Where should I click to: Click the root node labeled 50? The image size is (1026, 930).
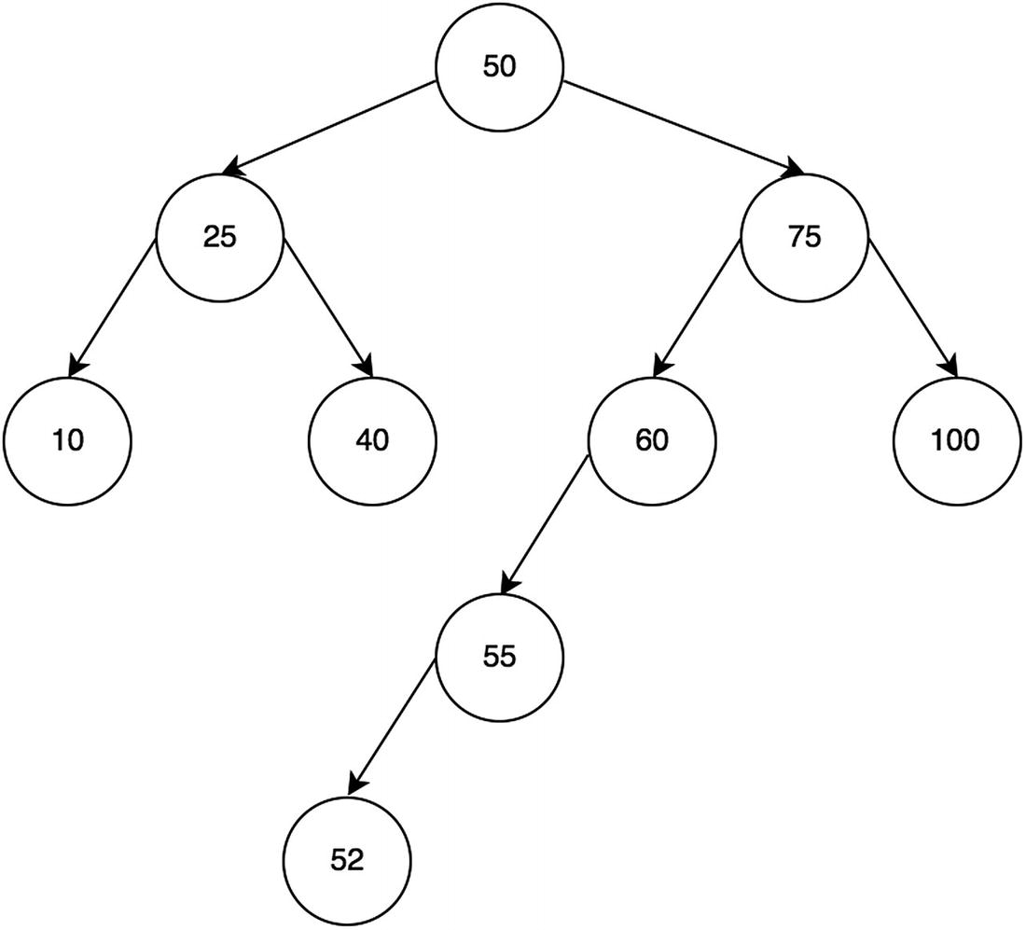point(500,67)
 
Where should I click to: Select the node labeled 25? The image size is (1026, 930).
point(219,237)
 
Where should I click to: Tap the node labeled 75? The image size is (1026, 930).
point(805,237)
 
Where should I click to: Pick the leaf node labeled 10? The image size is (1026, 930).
point(67,440)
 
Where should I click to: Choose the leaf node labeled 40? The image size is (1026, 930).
point(372,440)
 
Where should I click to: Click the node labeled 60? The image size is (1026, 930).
point(652,440)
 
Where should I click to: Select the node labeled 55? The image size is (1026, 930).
point(500,657)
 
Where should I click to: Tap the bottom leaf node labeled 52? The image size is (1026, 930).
point(346,860)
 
